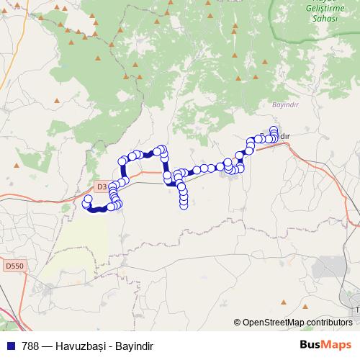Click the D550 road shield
[x=13, y=266]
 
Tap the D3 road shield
[x=101, y=186]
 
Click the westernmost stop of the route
[x=88, y=199]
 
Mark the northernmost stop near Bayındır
[x=274, y=130]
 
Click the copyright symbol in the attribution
[x=238, y=323]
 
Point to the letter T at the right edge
[x=356, y=310]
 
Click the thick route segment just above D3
[x=123, y=171]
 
